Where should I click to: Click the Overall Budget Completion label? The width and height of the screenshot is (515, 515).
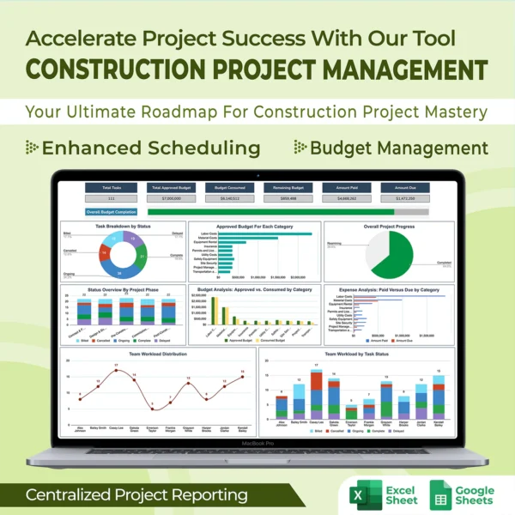point(111,211)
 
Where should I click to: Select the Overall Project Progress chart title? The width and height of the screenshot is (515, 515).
point(388,227)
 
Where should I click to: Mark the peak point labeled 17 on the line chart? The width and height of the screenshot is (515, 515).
point(116,371)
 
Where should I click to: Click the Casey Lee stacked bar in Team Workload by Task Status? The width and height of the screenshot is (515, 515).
point(317,394)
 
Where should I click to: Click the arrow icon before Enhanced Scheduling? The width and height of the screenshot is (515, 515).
point(33,148)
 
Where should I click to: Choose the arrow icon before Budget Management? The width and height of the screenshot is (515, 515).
point(300,148)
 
